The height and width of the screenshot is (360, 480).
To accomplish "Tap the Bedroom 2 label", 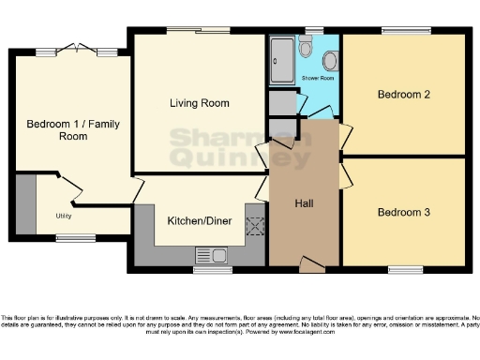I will click(x=403, y=95).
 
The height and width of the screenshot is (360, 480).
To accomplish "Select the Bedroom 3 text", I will click(x=403, y=212).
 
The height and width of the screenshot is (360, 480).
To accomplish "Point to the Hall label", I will click(x=304, y=203).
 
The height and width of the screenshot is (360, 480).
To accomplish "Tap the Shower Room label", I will click(x=318, y=79).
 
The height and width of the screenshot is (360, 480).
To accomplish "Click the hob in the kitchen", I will click(x=253, y=226).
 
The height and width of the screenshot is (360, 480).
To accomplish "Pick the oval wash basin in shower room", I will click(x=330, y=62).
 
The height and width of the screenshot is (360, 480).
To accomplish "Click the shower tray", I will click(x=281, y=59).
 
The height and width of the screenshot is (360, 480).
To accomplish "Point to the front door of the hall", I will click(x=310, y=266).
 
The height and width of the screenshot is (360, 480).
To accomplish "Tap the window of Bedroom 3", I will click(x=405, y=270).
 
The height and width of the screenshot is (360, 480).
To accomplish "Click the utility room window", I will click(x=75, y=238).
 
